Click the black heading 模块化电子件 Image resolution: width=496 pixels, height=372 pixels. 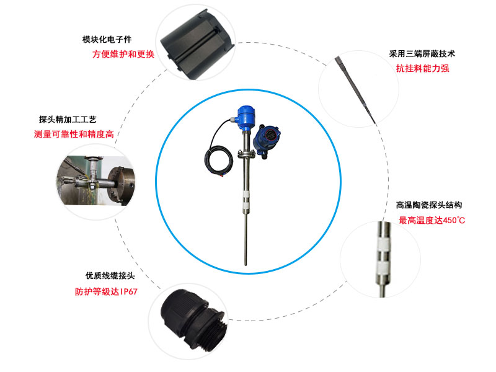107,40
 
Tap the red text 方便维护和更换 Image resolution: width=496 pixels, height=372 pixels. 123,54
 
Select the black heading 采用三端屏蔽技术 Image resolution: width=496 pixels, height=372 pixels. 422,54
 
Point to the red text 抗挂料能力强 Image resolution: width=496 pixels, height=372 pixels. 423,68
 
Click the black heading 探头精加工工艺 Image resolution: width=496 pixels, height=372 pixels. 68,119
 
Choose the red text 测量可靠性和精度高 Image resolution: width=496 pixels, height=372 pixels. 74,134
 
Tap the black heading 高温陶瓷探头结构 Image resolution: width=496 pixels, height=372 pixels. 429,205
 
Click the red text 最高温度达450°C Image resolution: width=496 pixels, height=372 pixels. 432,220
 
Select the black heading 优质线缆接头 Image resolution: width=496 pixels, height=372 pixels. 110,275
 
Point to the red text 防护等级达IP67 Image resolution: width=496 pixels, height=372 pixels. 106,291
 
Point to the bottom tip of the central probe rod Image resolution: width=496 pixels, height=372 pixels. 246,265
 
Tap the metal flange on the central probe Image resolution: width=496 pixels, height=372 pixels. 247,154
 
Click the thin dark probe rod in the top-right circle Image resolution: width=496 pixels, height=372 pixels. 355,89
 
